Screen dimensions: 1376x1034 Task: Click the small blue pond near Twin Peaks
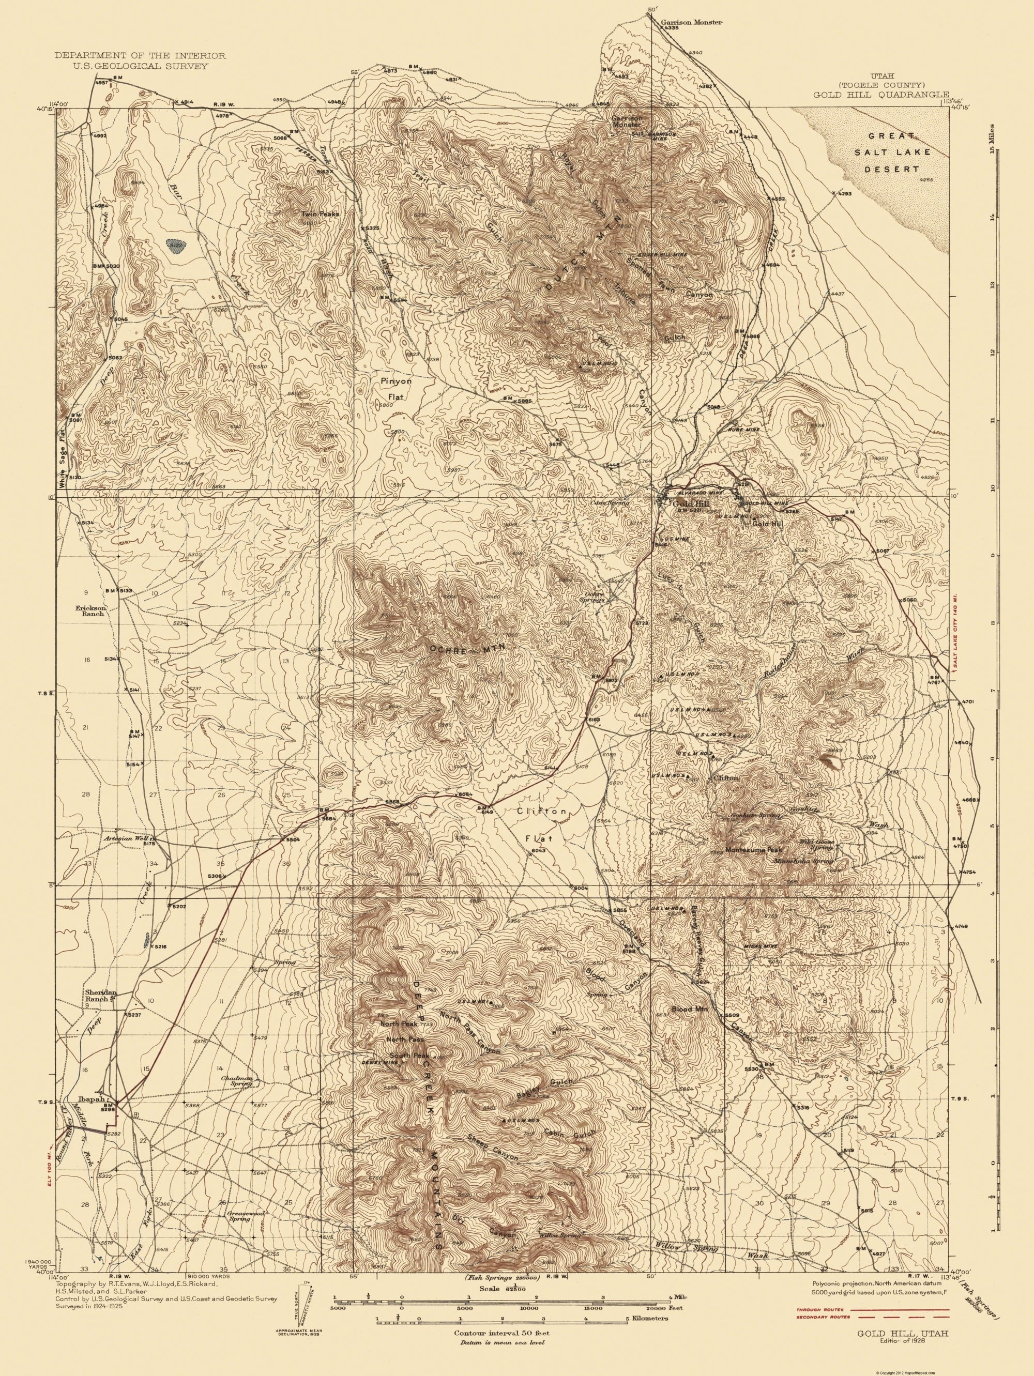coord(177,247)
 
